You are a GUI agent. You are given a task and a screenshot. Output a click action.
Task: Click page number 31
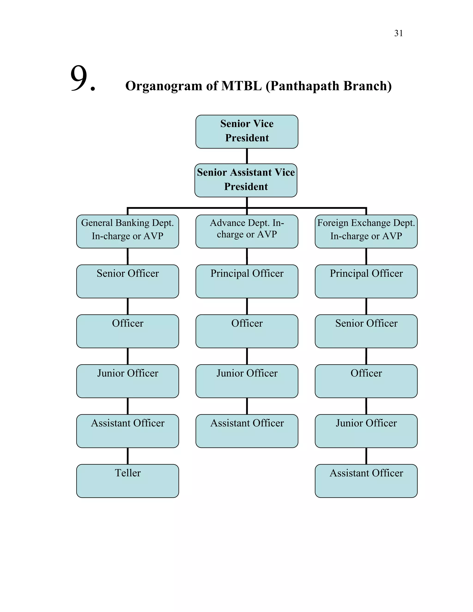398,33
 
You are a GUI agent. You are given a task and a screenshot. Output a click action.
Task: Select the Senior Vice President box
247,131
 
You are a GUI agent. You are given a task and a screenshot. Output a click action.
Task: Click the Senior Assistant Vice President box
246,180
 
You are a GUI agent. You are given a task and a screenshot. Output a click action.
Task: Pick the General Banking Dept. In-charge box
127,231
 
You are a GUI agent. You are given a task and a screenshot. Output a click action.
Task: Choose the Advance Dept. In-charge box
247,231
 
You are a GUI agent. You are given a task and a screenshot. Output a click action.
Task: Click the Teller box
127,481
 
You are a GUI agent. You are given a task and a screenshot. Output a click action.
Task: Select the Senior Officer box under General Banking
127,281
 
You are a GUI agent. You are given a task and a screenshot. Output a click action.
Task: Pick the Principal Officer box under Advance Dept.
247,281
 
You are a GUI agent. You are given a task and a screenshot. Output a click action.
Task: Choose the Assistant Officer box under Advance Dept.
247,431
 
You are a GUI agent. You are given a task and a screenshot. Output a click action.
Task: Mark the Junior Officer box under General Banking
127,381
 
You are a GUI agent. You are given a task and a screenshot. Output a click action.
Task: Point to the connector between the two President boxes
247,156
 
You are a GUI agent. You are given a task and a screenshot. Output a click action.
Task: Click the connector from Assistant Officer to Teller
128,456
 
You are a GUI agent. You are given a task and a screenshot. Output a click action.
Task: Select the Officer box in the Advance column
247,331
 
